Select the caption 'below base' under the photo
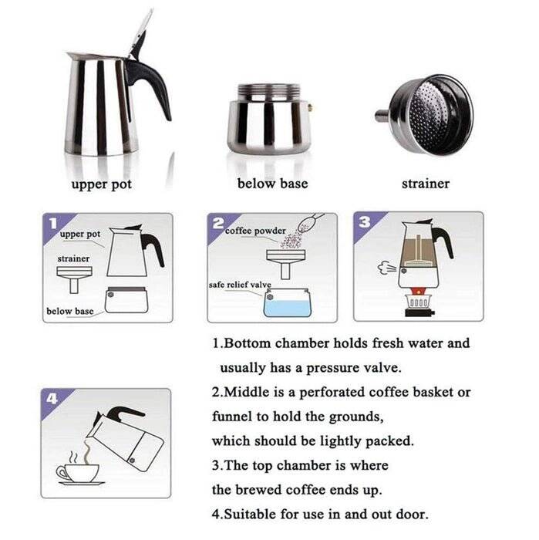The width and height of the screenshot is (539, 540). pyautogui.click(x=272, y=184)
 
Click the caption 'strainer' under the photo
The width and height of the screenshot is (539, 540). pyautogui.click(x=425, y=184)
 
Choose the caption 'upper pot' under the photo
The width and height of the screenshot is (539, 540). pyautogui.click(x=102, y=184)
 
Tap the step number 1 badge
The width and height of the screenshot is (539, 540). pyautogui.click(x=52, y=224)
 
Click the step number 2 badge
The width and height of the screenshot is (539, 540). pyautogui.click(x=218, y=224)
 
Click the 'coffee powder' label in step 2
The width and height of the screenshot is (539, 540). pyautogui.click(x=255, y=230)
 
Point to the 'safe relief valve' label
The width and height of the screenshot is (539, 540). pyautogui.click(x=239, y=285)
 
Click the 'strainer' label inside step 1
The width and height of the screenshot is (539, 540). pyautogui.click(x=73, y=258)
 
